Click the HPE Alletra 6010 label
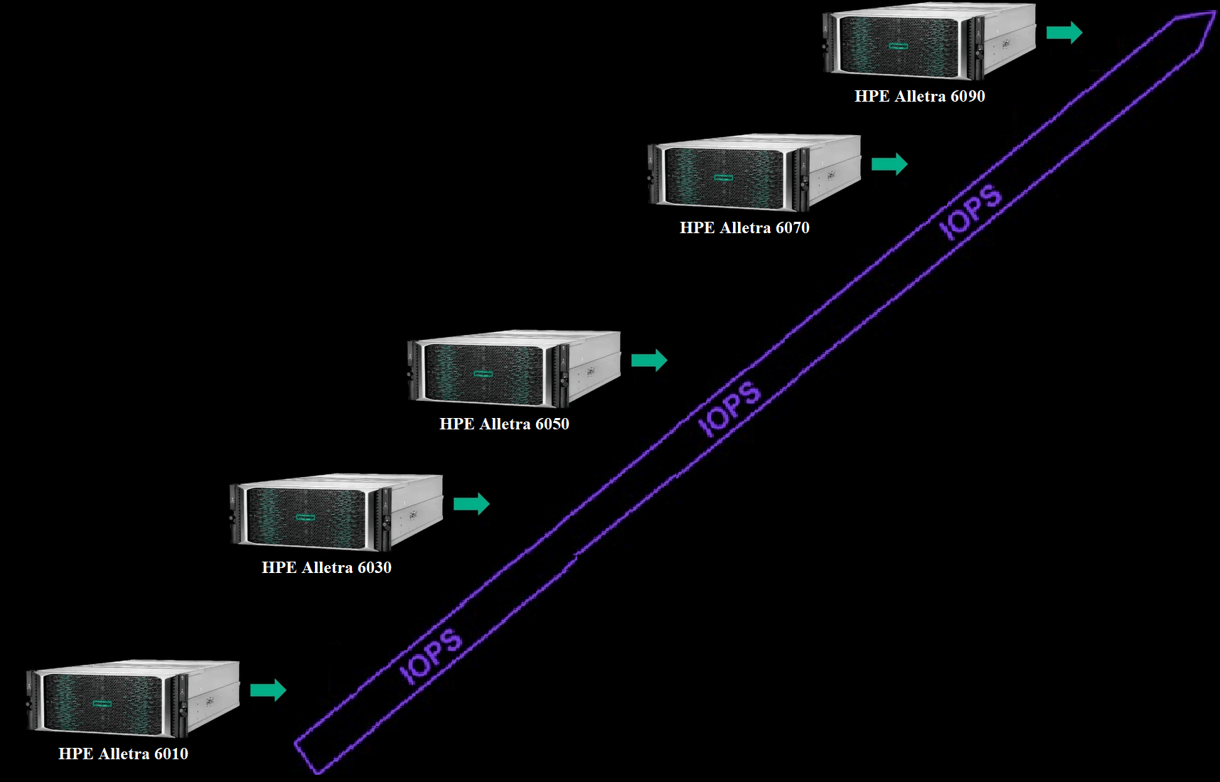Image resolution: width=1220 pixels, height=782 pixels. (123, 754)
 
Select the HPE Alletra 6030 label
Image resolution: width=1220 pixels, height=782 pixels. (326, 567)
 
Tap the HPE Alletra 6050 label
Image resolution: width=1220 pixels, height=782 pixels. (504, 424)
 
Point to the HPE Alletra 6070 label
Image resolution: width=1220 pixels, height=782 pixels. (744, 227)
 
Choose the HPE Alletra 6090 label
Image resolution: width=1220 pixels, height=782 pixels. (919, 96)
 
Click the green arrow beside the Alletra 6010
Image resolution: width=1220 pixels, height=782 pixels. (268, 690)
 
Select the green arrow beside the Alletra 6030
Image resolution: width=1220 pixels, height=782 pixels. (471, 504)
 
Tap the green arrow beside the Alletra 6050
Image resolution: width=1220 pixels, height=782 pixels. (649, 360)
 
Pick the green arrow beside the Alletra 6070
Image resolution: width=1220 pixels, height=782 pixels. (889, 164)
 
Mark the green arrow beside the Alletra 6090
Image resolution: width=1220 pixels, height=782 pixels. (1064, 32)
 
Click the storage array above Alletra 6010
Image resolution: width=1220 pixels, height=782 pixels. (133, 700)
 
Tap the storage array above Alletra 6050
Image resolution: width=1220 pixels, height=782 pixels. (514, 370)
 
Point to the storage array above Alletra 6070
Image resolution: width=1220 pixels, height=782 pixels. (754, 173)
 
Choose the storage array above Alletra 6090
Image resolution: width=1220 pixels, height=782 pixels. (929, 41)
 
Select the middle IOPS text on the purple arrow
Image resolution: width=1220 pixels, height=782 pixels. (729, 408)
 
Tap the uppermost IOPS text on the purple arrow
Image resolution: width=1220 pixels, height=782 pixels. (970, 211)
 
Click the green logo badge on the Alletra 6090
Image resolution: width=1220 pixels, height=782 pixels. (898, 46)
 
